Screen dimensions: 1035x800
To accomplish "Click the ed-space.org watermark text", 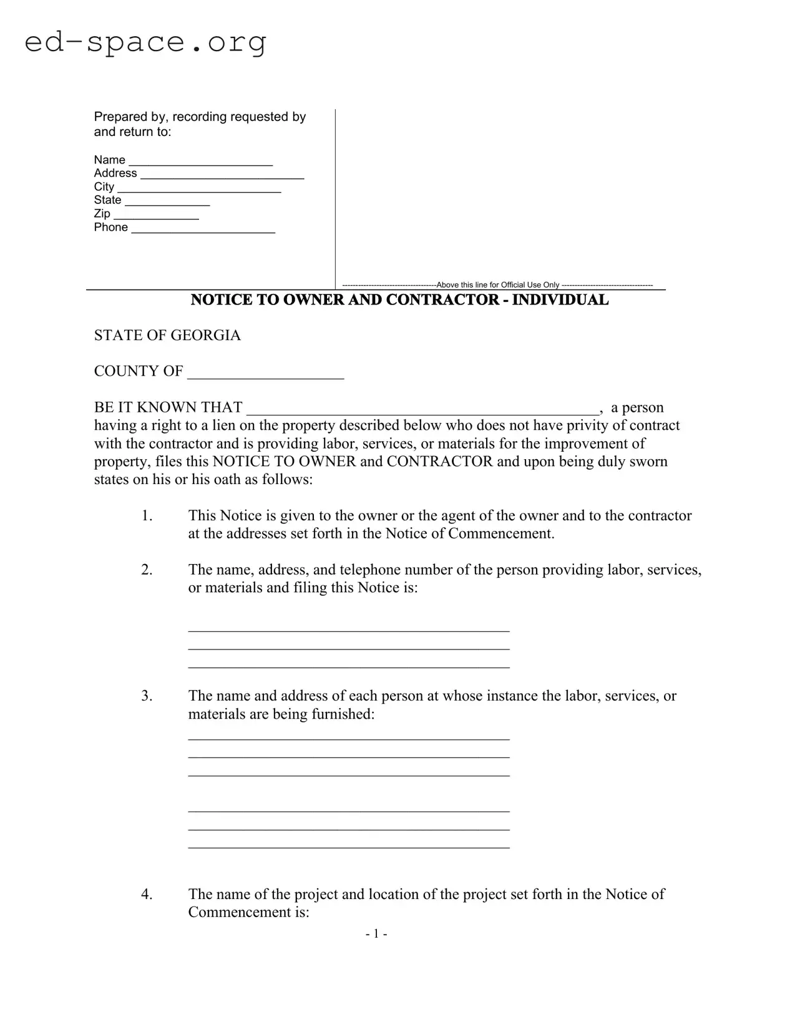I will [145, 42].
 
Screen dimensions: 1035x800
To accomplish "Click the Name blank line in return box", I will [200, 162].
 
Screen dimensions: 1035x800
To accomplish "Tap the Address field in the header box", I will [222, 175].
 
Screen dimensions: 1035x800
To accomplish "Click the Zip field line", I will [155, 216].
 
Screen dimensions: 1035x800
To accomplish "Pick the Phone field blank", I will [203, 230].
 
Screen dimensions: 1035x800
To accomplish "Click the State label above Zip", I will [107, 200].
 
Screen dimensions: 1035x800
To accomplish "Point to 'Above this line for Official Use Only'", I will [497, 285].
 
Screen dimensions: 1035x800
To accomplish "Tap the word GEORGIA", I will [205, 336].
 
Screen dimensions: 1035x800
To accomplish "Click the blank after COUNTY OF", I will [265, 374].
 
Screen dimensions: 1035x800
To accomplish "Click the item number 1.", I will [147, 516].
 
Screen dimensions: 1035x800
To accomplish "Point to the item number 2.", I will [147, 570].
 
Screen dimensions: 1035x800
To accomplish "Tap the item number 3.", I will [147, 696].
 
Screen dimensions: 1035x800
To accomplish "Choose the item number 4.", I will [147, 894].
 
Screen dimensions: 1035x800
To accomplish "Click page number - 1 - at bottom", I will [376, 934].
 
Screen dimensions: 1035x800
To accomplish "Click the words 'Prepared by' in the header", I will [130, 117].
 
